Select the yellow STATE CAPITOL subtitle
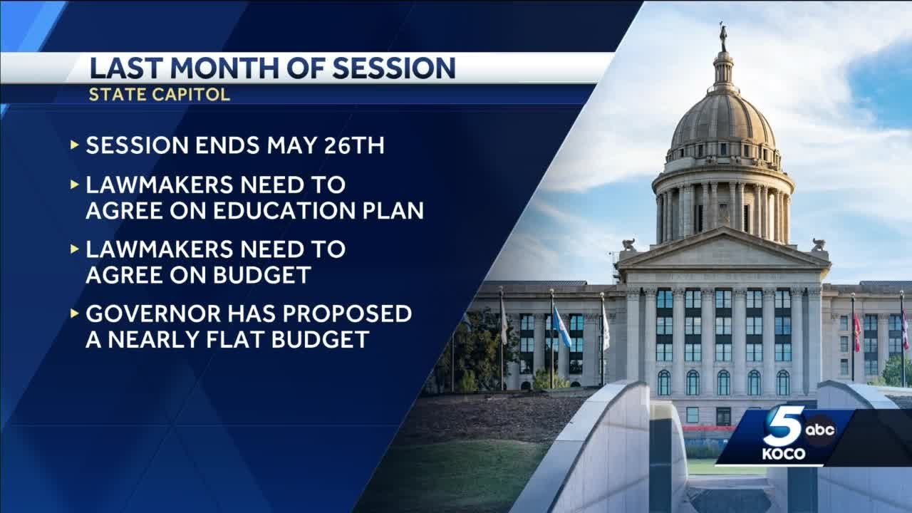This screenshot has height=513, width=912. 160,95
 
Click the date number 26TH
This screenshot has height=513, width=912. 353,145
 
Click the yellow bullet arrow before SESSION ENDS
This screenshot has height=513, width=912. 75,145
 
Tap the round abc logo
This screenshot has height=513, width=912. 820,430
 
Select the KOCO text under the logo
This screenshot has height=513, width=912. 783,455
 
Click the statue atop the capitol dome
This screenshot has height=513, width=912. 723,36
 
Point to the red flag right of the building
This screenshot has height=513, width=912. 857,332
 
